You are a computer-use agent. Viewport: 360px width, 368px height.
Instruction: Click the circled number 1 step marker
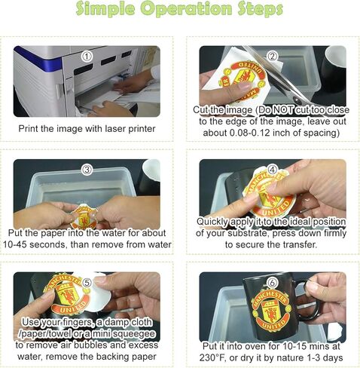[87, 57]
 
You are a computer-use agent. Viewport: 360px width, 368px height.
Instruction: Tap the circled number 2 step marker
[273, 57]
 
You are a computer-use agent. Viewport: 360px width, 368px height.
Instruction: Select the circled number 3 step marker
[87, 170]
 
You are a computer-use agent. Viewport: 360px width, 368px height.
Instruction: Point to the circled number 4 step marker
[273, 170]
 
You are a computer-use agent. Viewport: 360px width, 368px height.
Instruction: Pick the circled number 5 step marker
[87, 284]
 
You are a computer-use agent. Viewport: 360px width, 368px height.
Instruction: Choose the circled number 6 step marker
[273, 284]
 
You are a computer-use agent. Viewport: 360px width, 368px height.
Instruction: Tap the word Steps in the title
[261, 9]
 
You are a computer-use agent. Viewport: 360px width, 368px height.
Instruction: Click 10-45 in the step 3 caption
[14, 244]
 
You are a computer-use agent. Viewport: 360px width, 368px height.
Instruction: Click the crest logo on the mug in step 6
[273, 310]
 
